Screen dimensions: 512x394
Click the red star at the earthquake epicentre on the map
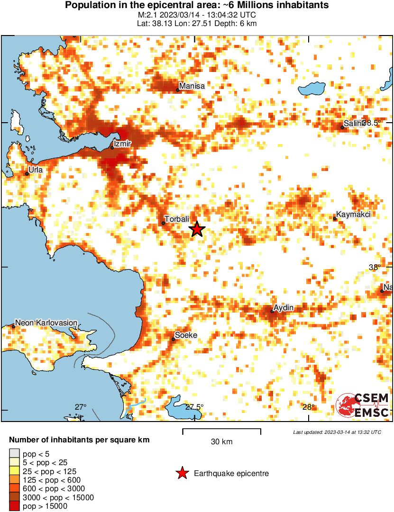[x=197, y=229]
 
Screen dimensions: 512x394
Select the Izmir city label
[x=122, y=144]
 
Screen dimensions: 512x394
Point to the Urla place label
[x=36, y=170]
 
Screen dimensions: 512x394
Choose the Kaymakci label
[x=353, y=215]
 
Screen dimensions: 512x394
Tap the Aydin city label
[x=284, y=308]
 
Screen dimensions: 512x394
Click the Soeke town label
[x=186, y=335]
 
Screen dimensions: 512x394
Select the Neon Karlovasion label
[x=46, y=323]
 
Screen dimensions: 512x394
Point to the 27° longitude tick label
[x=81, y=407]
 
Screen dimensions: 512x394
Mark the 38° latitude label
[x=375, y=268]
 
